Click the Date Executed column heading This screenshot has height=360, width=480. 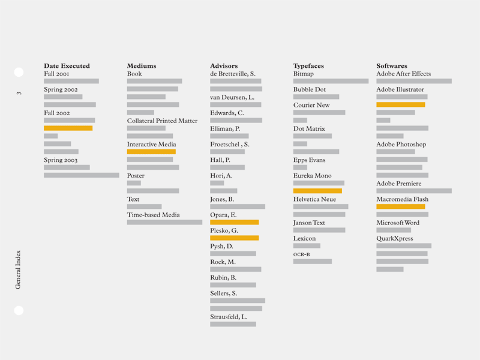click(x=67, y=66)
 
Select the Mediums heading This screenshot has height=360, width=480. click(x=142, y=66)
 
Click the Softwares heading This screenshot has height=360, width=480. click(x=392, y=66)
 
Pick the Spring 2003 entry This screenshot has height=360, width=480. click(x=61, y=160)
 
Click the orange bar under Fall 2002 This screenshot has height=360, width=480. click(x=68, y=128)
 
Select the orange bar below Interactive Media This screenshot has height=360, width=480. click(x=151, y=152)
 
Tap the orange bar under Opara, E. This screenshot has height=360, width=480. click(x=234, y=222)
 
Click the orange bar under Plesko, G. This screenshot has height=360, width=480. click(x=234, y=238)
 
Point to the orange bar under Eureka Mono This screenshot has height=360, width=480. click(x=317, y=191)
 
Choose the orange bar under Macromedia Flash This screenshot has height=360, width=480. click(x=400, y=206)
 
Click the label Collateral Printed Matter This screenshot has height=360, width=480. click(x=162, y=121)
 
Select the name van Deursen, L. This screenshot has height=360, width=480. click(x=232, y=97)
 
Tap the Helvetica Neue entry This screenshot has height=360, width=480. click(x=314, y=199)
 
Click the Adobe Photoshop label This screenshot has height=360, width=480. click(x=401, y=145)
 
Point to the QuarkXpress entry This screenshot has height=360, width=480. click(x=395, y=238)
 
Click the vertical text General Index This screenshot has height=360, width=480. click(x=18, y=269)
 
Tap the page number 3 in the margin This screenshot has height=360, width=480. click(x=19, y=93)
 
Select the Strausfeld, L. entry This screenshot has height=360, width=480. click(x=229, y=317)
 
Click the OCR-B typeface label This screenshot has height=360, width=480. click(x=301, y=254)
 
